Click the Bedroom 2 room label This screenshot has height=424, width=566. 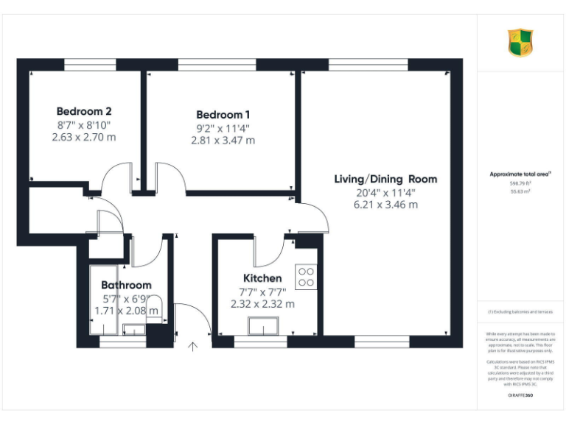click(83, 112)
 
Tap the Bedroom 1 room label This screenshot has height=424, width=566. click(223, 115)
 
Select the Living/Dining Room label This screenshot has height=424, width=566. click(385, 179)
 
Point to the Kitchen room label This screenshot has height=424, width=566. click(262, 278)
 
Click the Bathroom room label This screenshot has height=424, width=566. click(126, 285)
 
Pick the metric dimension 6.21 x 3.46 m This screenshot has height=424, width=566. click(385, 205)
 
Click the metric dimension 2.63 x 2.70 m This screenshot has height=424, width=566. click(83, 137)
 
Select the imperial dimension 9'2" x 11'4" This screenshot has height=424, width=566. click(223, 127)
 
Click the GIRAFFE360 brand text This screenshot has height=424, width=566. click(520, 396)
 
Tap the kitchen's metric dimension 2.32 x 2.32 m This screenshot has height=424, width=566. click(262, 303)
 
